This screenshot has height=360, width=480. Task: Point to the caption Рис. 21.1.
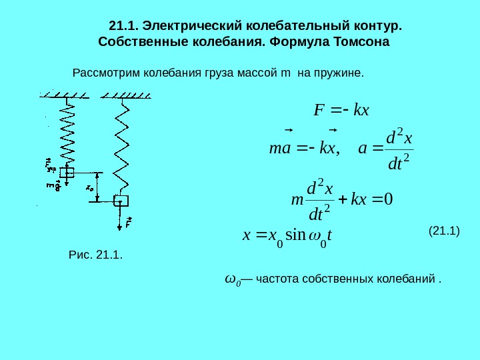[x=96, y=254]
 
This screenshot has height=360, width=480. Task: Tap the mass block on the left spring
[x=67, y=172]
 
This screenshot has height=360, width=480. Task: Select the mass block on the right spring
[x=121, y=200]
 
